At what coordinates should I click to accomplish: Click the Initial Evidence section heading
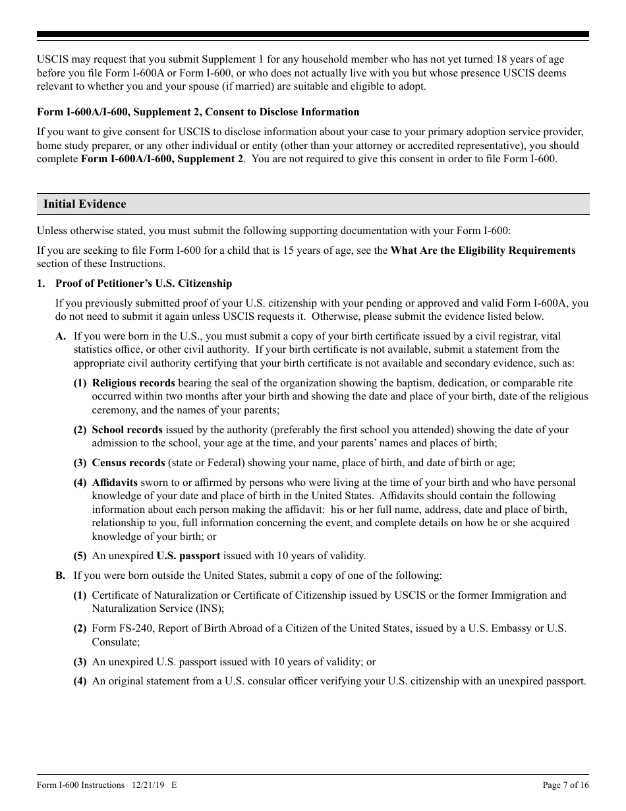click(84, 204)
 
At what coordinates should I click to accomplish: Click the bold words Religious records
click(133, 383)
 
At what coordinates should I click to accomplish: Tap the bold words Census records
click(128, 463)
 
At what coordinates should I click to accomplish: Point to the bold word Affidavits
click(115, 483)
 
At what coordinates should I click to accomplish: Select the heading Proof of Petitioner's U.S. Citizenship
click(144, 284)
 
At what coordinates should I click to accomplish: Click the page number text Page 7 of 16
click(565, 785)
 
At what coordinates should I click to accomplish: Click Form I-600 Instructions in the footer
click(80, 785)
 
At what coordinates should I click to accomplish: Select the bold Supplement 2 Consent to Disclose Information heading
click(198, 112)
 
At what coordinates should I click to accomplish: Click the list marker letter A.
click(61, 336)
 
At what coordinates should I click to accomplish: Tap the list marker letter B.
click(61, 576)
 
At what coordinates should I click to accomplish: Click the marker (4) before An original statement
click(80, 681)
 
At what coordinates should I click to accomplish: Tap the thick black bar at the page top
click(313, 34)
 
